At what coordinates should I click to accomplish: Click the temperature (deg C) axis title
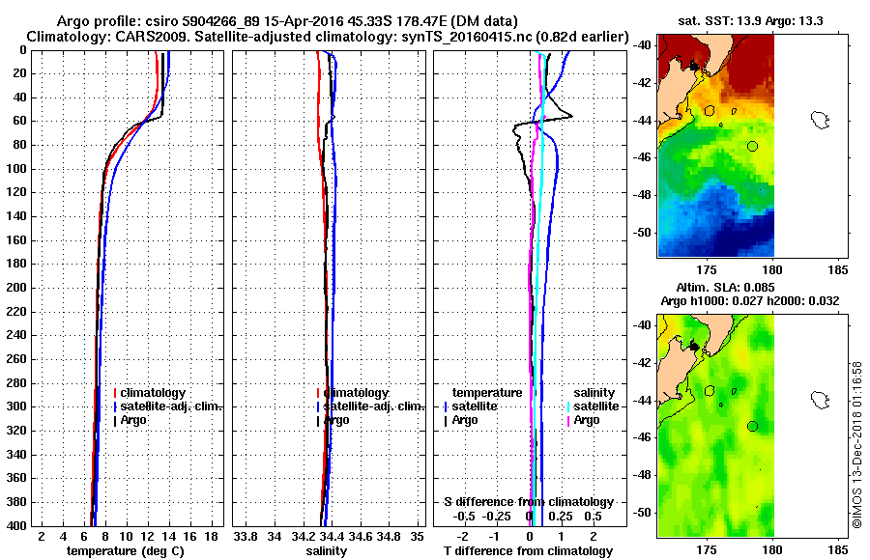[125, 550]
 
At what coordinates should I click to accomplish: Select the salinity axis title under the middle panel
[326, 550]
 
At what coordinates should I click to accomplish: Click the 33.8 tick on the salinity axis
[246, 535]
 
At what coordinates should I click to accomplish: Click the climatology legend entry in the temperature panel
[150, 393]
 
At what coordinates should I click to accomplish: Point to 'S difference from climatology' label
[528, 502]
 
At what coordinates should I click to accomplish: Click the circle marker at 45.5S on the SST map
[752, 146]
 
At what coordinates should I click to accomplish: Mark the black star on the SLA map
[694, 346]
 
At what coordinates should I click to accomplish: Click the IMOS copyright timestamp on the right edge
[856, 444]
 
